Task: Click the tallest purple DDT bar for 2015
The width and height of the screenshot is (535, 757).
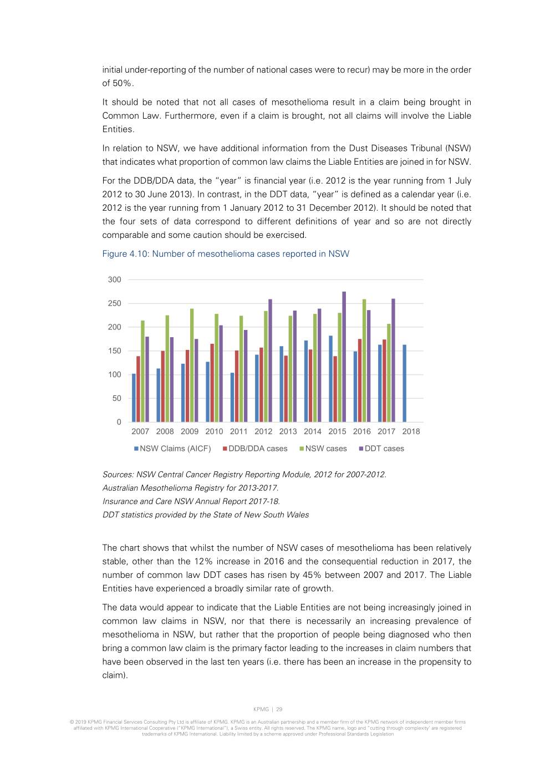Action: point(344,357)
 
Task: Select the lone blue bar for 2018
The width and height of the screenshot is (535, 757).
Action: point(405,383)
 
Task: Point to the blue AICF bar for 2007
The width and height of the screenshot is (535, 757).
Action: point(134,398)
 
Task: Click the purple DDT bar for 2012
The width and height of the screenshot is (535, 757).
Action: point(270,360)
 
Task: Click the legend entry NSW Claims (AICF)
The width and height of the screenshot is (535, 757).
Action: point(172,449)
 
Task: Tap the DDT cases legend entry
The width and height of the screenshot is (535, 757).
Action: point(381,449)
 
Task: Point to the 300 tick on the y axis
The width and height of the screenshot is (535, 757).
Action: point(114,280)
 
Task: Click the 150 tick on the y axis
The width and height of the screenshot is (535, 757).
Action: point(114,351)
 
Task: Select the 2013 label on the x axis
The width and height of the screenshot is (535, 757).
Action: point(288,431)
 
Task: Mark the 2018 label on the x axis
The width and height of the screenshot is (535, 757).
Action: point(411,431)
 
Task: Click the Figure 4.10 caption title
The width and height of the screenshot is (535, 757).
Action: point(226,254)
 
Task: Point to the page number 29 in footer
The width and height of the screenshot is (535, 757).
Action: point(279,709)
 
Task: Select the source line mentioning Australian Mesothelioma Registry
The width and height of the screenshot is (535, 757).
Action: point(190,488)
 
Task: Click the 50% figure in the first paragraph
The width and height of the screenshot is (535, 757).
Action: point(123,83)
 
